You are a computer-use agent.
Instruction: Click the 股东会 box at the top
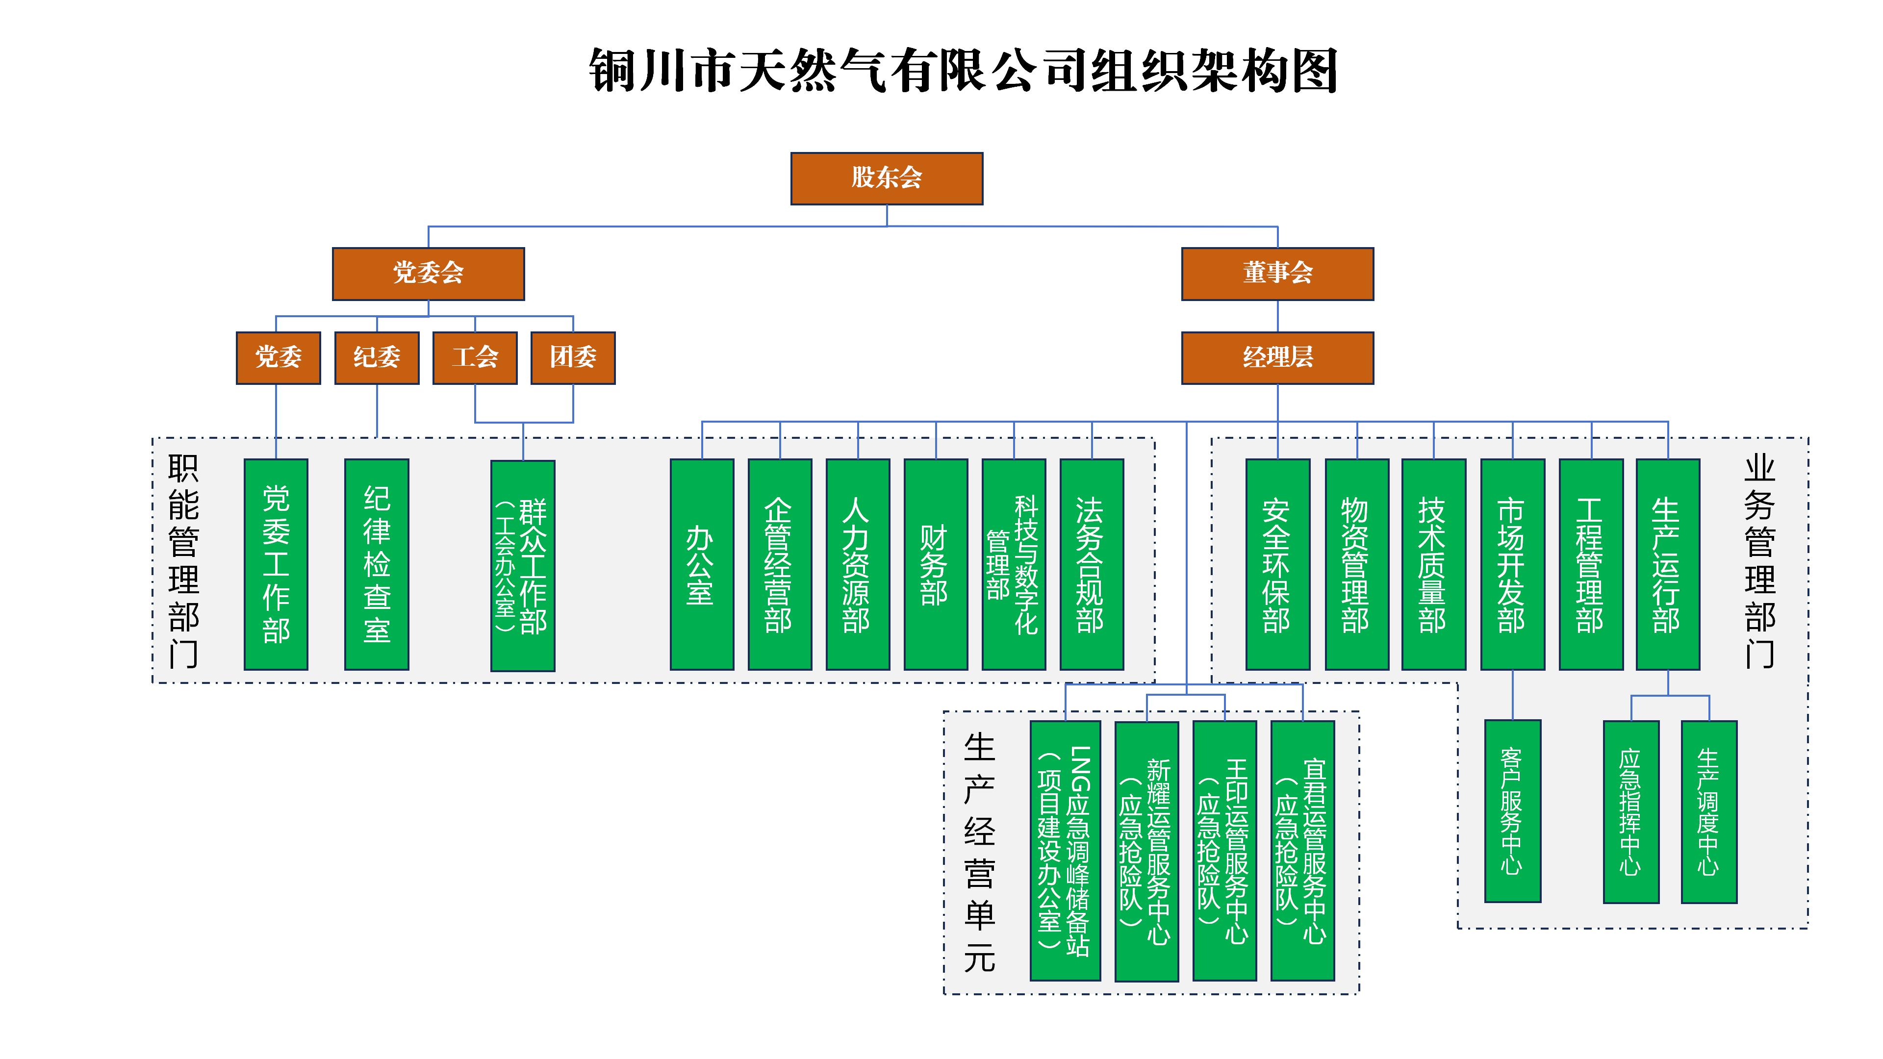coord(886,178)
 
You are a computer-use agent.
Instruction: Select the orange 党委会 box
coord(429,274)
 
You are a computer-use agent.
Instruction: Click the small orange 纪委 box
coord(377,357)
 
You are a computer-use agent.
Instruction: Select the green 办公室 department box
coord(702,564)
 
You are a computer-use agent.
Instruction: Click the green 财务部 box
coord(936,564)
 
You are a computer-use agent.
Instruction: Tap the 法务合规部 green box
coord(1092,564)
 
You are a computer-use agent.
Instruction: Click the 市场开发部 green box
coord(1512,564)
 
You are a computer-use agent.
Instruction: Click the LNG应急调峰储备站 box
coord(1065,850)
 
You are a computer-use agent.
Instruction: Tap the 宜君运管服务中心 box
coord(1302,850)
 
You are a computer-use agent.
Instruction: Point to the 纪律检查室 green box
coord(377,564)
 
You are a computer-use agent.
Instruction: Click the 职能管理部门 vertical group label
coord(183,561)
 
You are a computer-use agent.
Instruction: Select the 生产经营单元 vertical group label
coord(980,852)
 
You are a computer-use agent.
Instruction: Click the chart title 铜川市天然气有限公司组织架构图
coord(964,71)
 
